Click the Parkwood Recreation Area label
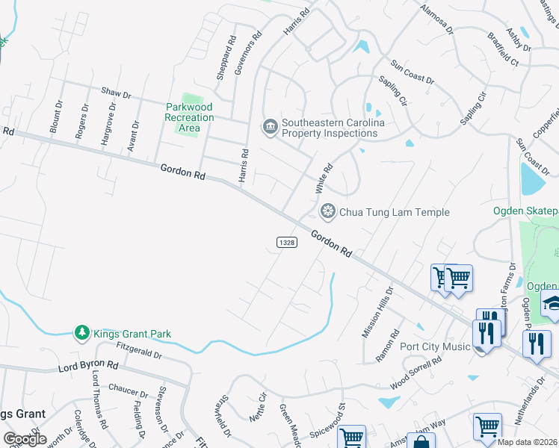click(x=190, y=117)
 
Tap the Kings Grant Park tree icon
click(x=81, y=332)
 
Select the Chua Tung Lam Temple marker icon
click(x=327, y=212)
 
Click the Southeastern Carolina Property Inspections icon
click(x=269, y=128)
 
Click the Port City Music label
click(x=434, y=346)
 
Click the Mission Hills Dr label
click(x=377, y=312)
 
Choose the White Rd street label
click(x=321, y=181)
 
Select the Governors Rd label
click(x=248, y=52)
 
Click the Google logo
click(x=25, y=439)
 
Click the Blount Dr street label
click(x=57, y=117)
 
